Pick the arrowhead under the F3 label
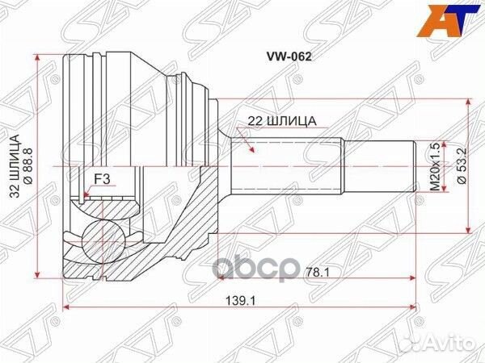[84, 194]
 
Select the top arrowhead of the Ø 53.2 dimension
[468, 103]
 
